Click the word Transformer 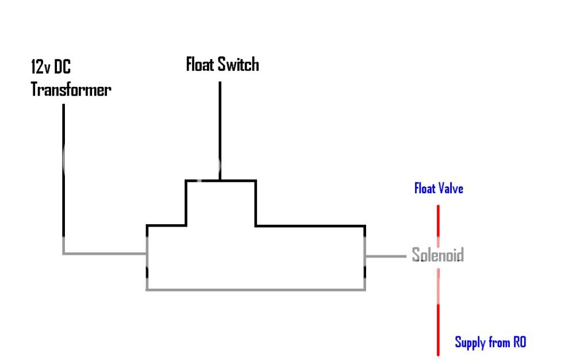pos(71,90)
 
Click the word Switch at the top pos(239,64)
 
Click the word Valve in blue pos(451,188)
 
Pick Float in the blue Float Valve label pos(426,188)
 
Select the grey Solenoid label pos(437,255)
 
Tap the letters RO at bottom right pos(519,343)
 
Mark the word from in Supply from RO pos(499,343)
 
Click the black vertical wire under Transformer pos(63,173)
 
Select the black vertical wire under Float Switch pos(220,129)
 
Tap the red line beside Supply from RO pos(438,331)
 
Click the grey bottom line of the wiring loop pos(256,289)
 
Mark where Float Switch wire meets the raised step pos(220,181)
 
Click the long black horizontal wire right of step pos(310,225)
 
